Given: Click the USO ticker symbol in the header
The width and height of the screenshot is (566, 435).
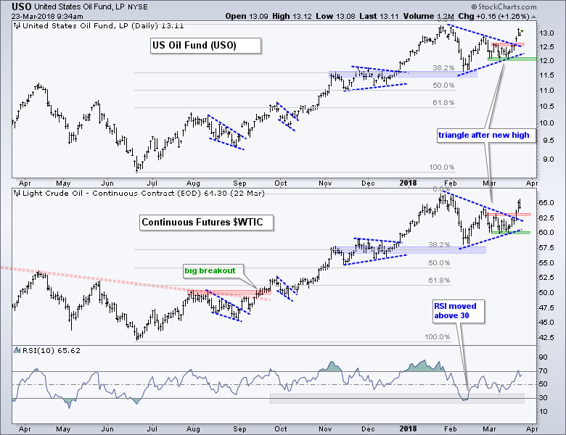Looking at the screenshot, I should coord(22,7).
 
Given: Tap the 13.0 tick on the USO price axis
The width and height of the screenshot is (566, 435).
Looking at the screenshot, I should coord(548,33).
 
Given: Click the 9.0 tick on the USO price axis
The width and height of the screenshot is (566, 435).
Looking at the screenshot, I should coord(548,159).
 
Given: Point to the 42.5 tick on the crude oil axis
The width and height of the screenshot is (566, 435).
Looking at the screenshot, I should coord(548,337).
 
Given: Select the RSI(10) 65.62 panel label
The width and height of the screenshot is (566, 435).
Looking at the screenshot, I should coord(41,352).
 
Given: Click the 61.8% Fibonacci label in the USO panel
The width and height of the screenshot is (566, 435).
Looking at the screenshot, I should coord(443,103).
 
